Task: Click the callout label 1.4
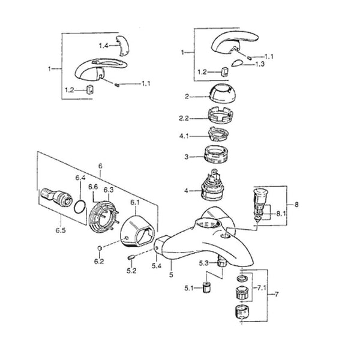103,46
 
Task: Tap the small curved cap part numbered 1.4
123,45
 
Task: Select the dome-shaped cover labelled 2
223,93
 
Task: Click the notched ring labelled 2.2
220,116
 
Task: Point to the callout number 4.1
184,136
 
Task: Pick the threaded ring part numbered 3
216,154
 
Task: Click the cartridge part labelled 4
212,185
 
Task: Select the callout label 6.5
61,230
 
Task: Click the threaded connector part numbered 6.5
56,197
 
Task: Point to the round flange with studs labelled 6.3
103,217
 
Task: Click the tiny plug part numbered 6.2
100,248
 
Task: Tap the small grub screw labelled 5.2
131,257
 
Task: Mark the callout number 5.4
157,266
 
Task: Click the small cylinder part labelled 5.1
207,287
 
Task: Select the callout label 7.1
262,287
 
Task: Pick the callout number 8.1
281,214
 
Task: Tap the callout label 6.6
93,187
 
